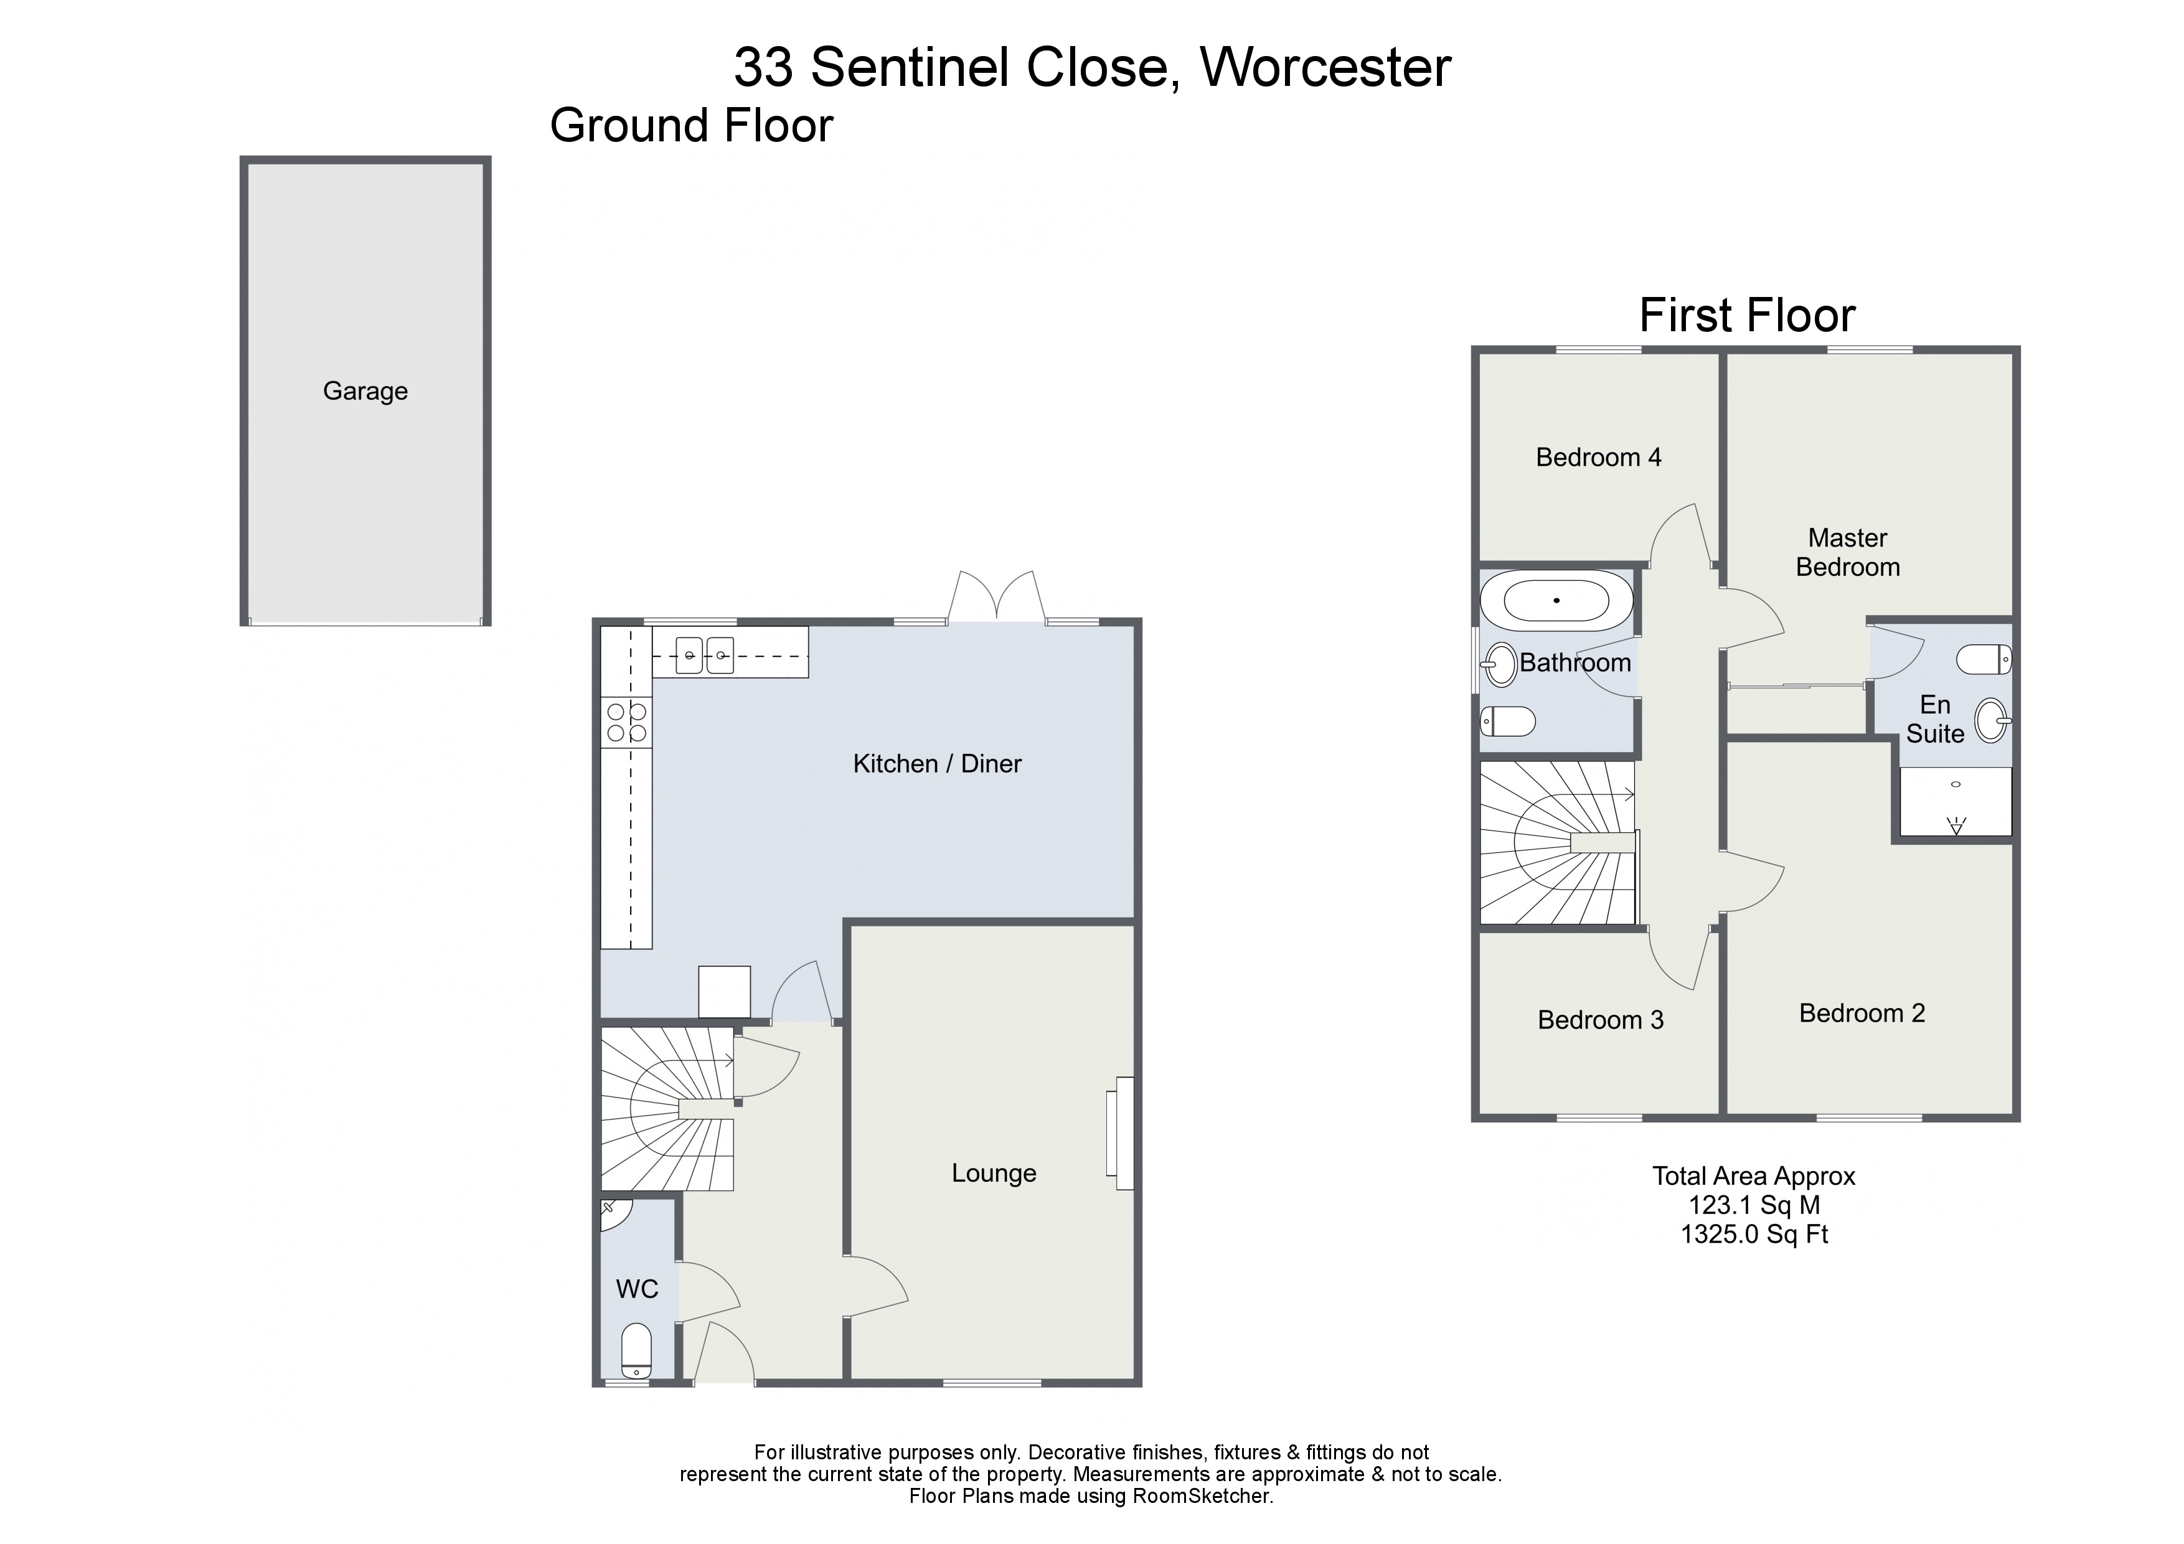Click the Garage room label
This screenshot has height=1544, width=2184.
point(365,391)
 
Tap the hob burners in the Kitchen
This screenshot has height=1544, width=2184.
point(627,722)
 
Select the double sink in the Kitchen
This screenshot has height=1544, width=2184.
point(705,654)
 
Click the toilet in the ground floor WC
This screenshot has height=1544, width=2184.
point(636,1351)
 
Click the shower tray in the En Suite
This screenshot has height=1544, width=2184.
point(1956,801)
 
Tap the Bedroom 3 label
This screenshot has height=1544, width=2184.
point(1600,1020)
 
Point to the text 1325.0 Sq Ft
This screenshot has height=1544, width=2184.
point(1754,1235)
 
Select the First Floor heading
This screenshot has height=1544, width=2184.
point(1746,316)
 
